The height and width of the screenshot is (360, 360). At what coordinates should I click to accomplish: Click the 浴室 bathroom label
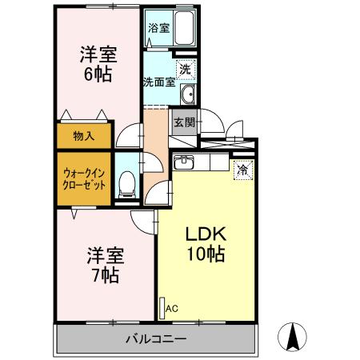pos(159,28)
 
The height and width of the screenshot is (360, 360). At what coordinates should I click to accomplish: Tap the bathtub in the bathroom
pos(184,28)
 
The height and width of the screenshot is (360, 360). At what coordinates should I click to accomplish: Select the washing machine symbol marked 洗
pos(186,70)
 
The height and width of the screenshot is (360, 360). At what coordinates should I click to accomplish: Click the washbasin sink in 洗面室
pos(188,94)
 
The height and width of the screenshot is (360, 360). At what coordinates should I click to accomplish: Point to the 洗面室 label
pos(159,82)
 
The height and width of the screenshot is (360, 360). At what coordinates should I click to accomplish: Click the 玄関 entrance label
pos(185,122)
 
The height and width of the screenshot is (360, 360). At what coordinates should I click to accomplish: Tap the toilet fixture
pos(126,185)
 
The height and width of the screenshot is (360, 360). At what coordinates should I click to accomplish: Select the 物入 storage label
pos(84,136)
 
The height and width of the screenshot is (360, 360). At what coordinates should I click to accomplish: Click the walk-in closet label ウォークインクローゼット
pos(84,179)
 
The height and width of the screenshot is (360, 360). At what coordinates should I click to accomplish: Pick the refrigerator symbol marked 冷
pos(243,170)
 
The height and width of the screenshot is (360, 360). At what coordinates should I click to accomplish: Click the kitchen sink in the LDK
pos(184,162)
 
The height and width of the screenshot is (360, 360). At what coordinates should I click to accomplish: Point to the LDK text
pos(206,234)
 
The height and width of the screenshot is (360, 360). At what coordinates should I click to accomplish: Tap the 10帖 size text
pos(206,254)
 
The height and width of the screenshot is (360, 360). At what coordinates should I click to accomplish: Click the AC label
pos(171,309)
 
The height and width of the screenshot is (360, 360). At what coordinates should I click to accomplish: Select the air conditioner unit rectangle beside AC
pos(162,308)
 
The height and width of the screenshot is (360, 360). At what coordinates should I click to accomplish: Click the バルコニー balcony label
pos(156,339)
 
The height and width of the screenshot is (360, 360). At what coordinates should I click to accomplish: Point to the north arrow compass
pos(292,337)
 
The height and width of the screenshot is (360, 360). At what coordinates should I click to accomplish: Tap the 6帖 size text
pos(98,74)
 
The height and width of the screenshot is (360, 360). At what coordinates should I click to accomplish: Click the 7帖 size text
pos(106,275)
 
